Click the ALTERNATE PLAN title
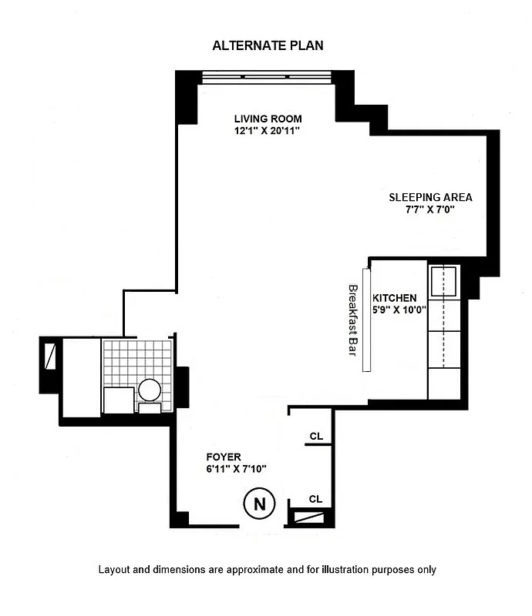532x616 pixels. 268,45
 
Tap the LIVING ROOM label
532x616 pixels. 268,119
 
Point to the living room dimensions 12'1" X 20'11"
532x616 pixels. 268,131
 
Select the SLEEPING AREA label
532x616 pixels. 430,197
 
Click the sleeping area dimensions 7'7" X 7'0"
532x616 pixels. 430,209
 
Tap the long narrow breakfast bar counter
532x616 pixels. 366,320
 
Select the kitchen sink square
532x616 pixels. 445,282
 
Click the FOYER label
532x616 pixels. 224,457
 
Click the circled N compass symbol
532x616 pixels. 260,504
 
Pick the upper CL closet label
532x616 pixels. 315,436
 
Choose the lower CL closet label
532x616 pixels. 315,499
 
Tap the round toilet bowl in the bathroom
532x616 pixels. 150,391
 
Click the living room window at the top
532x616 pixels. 266,77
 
